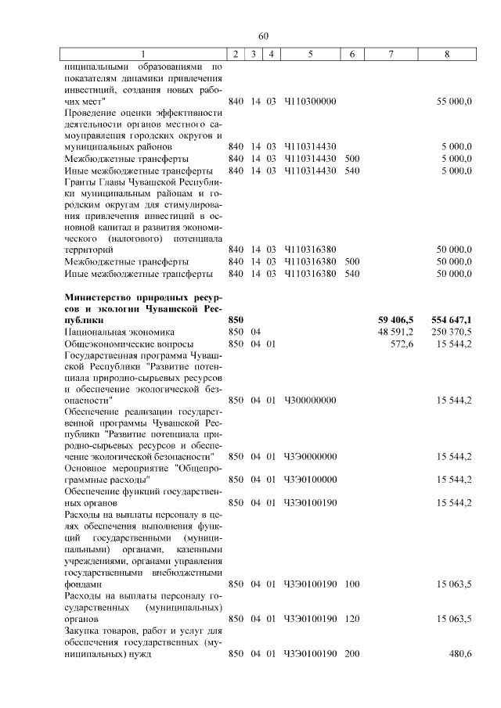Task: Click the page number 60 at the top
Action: [x=263, y=36]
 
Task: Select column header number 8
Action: [x=446, y=54]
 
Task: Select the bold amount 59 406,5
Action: [x=395, y=320]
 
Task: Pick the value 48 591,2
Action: [x=396, y=332]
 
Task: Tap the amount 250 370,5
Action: [x=451, y=332]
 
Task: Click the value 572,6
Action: [x=402, y=343]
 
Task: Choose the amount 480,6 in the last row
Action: [x=458, y=654]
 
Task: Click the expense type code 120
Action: [x=351, y=618]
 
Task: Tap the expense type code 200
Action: [x=351, y=654]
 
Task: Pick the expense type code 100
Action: [x=351, y=584]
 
